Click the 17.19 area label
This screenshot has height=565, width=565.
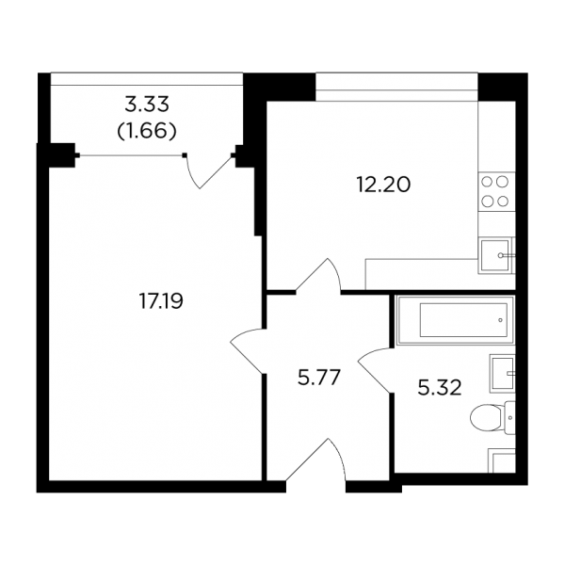161,301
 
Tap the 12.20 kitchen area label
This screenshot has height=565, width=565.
383,186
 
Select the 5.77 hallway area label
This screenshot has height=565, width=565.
319,378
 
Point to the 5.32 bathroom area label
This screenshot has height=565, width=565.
440,388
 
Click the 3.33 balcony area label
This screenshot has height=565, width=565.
147,105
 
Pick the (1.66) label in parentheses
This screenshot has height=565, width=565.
147,131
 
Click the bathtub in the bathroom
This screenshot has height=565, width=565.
455,320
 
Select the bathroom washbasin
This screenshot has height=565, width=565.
502,374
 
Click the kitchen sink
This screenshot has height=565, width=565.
495,255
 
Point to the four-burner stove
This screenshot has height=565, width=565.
496,191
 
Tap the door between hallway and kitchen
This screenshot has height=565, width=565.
318,275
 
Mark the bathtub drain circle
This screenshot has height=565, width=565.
500,320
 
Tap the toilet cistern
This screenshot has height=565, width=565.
509,418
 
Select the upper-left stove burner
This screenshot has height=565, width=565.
488,182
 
